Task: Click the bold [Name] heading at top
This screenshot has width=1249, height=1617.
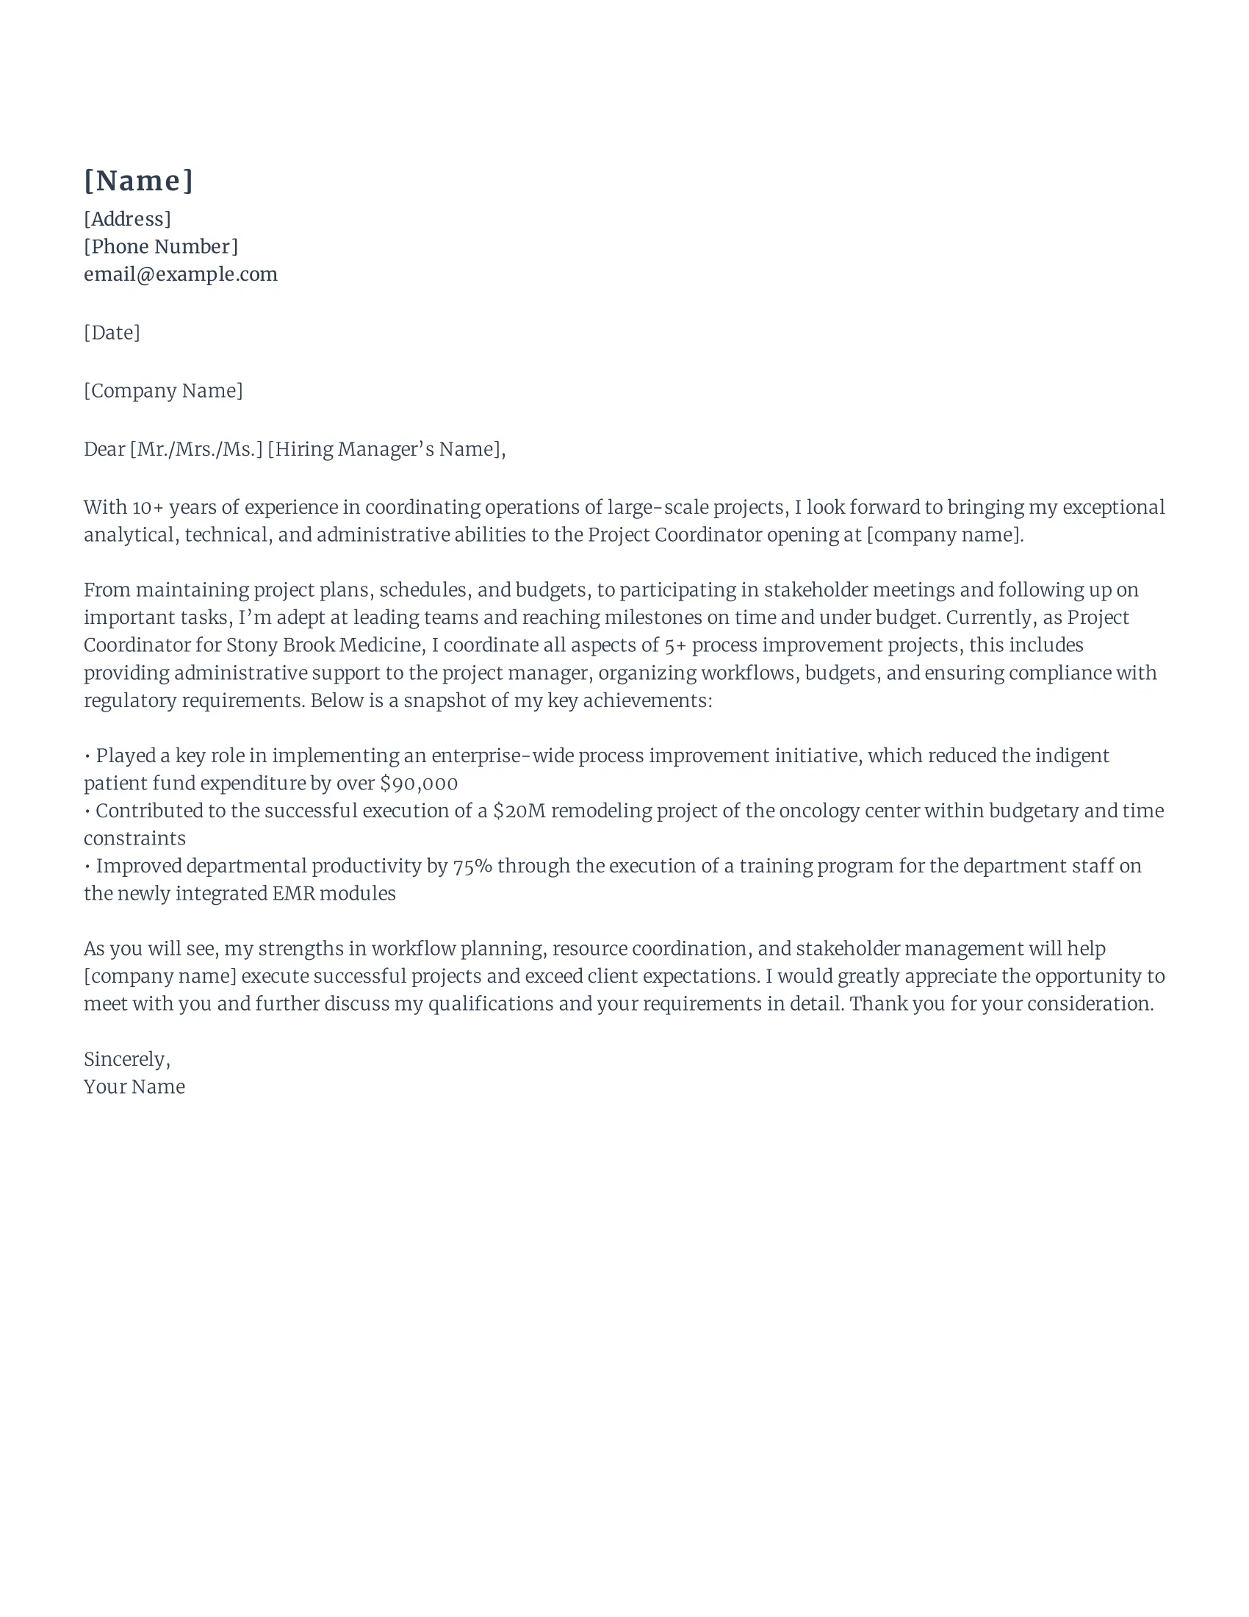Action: tap(138, 181)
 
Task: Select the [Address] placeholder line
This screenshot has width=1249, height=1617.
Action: tap(127, 219)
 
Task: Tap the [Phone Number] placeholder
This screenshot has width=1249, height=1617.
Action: tap(161, 246)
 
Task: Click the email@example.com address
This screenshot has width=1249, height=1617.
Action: tap(181, 275)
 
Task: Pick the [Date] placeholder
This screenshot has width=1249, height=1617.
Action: tap(112, 332)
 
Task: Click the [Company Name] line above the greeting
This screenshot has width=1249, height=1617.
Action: tap(163, 391)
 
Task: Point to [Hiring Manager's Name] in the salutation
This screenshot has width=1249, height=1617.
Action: tap(385, 449)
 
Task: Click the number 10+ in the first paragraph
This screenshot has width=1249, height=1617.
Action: tap(147, 508)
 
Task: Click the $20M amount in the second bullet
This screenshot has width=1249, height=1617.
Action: tap(519, 811)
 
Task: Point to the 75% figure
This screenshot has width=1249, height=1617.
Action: tap(472, 867)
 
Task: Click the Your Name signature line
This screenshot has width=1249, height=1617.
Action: tap(134, 1087)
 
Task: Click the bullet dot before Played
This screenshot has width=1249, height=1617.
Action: tap(88, 756)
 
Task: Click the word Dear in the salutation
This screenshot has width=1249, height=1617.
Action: tap(104, 449)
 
